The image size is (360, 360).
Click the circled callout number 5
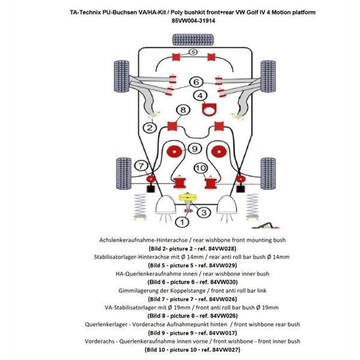[193, 52]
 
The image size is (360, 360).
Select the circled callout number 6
[196, 82]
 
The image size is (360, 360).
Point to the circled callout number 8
[166, 110]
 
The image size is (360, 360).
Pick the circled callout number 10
[200, 167]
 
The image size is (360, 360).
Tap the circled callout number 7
[142, 166]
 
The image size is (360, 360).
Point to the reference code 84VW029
[223, 265]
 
